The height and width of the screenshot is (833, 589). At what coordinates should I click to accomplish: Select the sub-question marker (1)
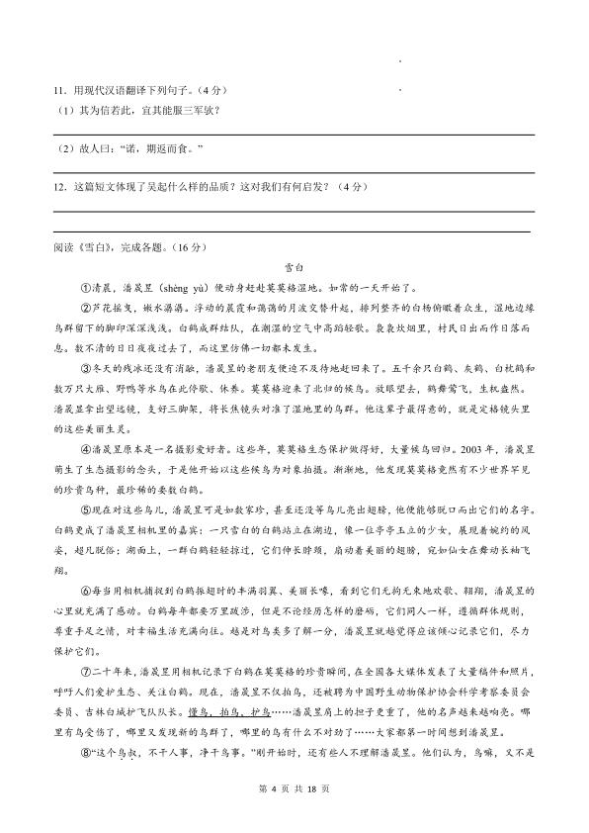click(61, 109)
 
